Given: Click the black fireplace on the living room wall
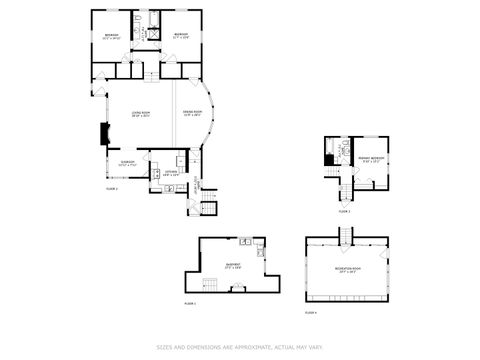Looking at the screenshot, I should (102, 134).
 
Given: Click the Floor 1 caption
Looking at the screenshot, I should (190, 302).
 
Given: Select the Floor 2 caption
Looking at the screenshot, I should (112, 188).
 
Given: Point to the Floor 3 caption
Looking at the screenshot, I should (344, 211).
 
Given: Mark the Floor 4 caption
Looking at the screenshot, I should (310, 313).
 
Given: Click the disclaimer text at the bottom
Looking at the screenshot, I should (240, 348).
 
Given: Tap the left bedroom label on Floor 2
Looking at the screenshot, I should (111, 37).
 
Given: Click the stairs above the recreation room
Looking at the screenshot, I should (345, 235).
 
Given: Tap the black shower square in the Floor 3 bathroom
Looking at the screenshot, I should (331, 157).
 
